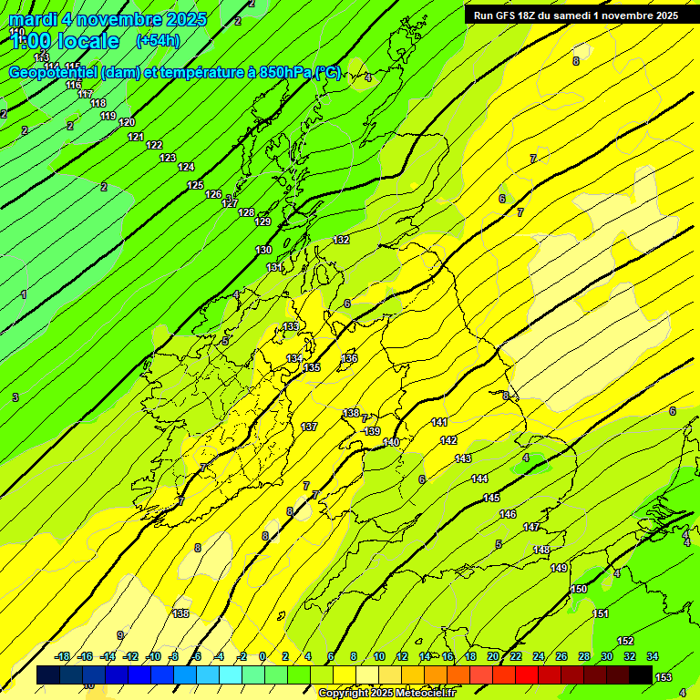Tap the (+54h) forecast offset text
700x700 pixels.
pos(158,40)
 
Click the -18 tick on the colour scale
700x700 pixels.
pos(62,656)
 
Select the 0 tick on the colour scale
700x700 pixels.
pos(262,656)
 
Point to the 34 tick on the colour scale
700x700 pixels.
pos(653,656)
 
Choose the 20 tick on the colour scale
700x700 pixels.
pos(493,656)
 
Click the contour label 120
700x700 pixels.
pos(127,122)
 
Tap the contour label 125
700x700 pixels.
pos(195,185)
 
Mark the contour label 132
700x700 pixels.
pos(341,240)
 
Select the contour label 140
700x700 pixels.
pos(391,442)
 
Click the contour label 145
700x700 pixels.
pos(491,498)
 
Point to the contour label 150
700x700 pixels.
pos(579,589)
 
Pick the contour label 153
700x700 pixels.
pos(664,677)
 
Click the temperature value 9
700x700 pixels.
pos(119,635)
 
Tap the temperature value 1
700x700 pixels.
pos(24,294)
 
